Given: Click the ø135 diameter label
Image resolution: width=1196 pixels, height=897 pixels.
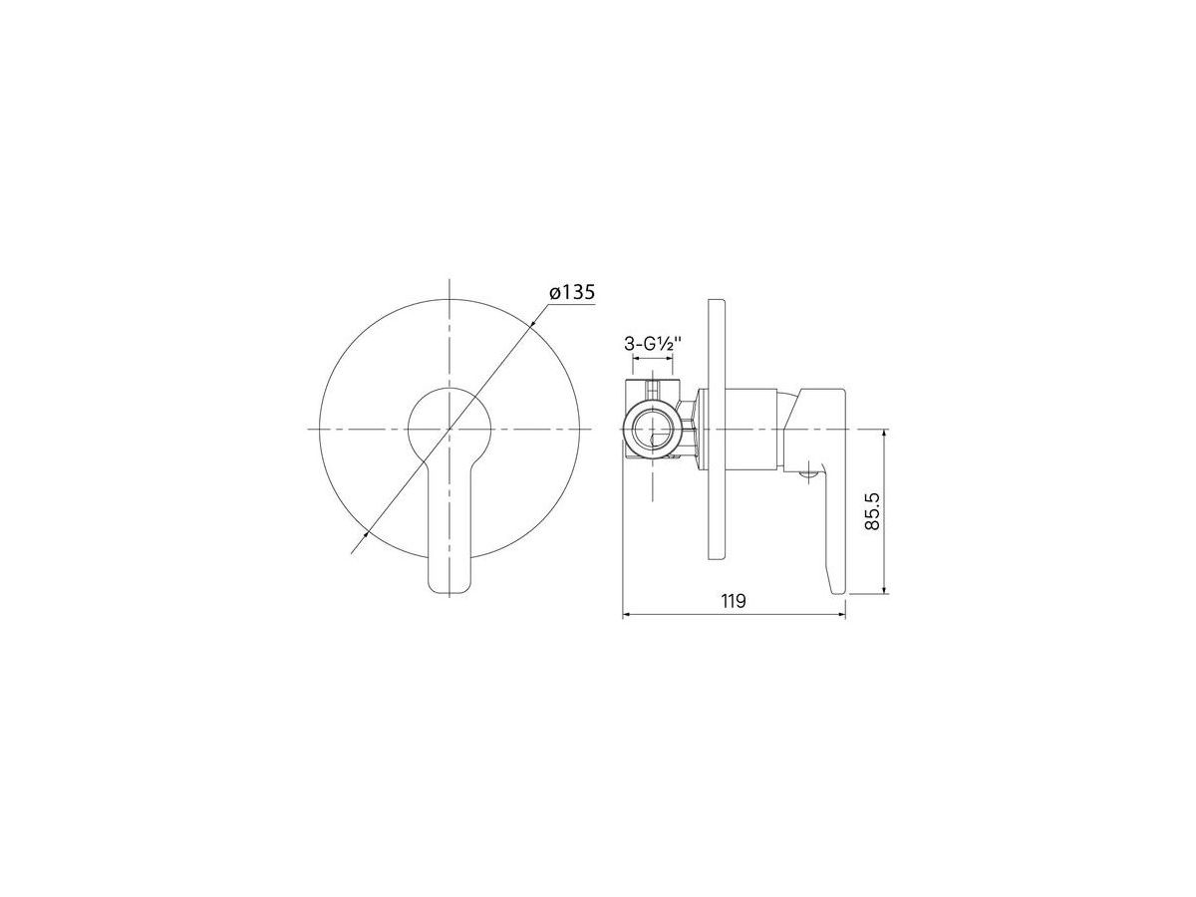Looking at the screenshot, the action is pos(571,292).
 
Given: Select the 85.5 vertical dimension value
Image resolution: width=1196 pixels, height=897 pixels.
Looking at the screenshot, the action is pos(872,511).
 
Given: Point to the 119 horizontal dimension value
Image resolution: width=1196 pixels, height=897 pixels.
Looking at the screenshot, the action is pos(734,601).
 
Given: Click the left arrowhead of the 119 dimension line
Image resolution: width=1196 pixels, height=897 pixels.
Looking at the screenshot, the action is pos(627,615).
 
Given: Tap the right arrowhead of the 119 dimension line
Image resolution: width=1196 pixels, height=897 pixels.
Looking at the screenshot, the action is pos(841,615).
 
